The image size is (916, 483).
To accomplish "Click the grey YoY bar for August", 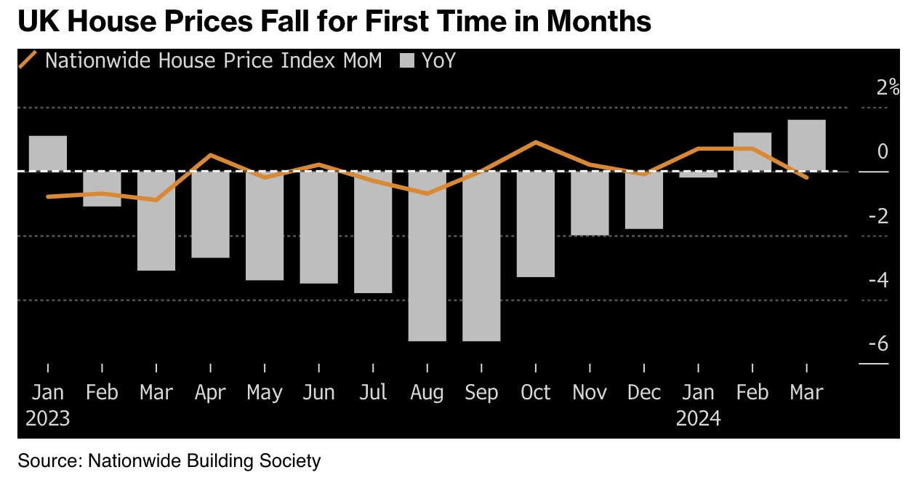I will tap(427, 256).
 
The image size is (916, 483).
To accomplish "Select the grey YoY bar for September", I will tap(481, 256).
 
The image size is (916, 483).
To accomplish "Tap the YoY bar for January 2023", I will tap(48, 153).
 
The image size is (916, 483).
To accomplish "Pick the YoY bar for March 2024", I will tap(806, 145).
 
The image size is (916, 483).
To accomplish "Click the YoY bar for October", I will tap(536, 224).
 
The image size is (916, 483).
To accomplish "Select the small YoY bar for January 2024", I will tap(698, 175).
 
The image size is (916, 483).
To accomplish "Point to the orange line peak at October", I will tap(536, 142).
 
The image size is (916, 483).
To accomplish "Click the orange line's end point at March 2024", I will tap(806, 177).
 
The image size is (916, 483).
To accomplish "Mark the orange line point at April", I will tap(210, 155).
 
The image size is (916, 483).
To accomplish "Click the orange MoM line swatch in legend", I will tap(28, 60).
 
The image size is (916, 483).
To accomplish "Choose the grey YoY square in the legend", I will tap(407, 61).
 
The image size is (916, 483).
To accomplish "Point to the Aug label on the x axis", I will tap(427, 393).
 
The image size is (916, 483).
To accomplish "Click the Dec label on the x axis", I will tap(643, 393).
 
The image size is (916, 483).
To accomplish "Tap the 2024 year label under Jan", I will tap(698, 419).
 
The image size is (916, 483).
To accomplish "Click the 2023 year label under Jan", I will tap(48, 419).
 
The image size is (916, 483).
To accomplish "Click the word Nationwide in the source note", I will tap(135, 460).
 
